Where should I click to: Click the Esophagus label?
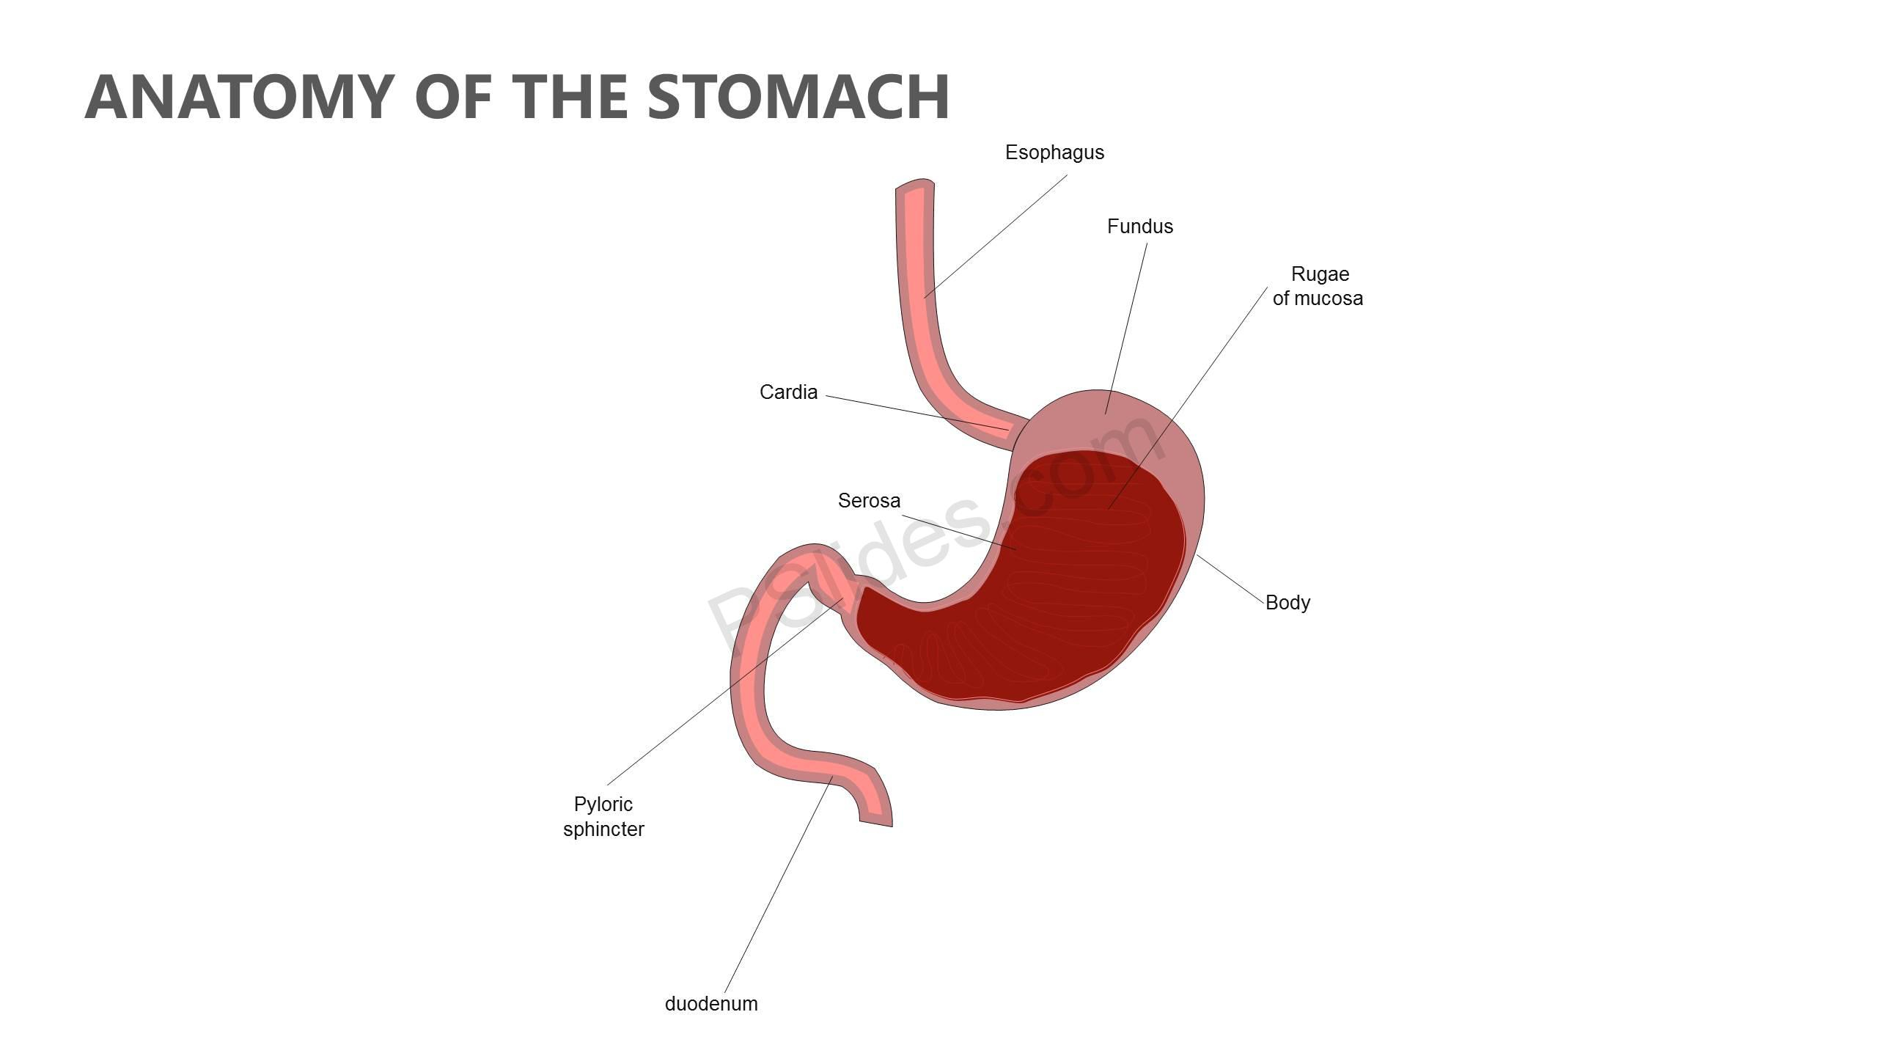click(x=1054, y=153)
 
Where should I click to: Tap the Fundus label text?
click(x=1140, y=227)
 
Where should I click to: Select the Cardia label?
click(x=788, y=392)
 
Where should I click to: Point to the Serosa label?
click(x=869, y=501)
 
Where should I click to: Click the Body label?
click(x=1288, y=603)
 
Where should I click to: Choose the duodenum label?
click(x=711, y=1004)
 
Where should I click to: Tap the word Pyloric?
click(x=603, y=804)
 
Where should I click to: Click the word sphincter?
click(x=603, y=829)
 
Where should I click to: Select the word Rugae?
click(x=1320, y=274)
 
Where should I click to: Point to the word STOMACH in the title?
click(x=798, y=97)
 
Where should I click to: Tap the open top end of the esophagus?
click(x=915, y=184)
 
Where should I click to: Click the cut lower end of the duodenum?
click(x=875, y=822)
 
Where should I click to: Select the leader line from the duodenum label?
click(x=779, y=884)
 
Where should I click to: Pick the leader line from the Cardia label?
click(x=918, y=413)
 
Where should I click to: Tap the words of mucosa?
click(x=1318, y=298)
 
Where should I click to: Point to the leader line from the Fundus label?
click(x=1126, y=329)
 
